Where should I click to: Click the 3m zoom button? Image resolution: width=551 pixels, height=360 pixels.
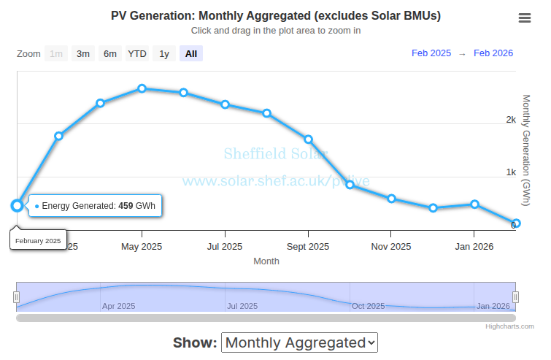(83, 53)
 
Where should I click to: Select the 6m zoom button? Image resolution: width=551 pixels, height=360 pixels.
(109, 53)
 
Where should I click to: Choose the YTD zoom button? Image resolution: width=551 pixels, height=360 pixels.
(136, 53)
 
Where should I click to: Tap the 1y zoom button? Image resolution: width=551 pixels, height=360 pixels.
(164, 53)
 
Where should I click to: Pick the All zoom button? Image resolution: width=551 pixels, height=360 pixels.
(191, 53)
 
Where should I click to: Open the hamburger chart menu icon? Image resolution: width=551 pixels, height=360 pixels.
(525, 18)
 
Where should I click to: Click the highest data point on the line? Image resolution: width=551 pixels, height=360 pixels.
(142, 88)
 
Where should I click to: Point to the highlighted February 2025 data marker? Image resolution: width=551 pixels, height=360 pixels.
(18, 205)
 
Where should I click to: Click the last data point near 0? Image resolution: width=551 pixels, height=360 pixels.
(516, 223)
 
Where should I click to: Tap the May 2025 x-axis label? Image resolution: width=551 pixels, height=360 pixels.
(142, 247)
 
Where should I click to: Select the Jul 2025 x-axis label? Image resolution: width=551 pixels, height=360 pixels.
(225, 247)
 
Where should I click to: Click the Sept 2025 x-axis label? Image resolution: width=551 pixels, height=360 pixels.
(308, 247)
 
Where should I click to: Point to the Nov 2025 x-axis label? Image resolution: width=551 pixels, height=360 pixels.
(391, 247)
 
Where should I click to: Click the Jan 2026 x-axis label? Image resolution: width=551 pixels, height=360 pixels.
(474, 247)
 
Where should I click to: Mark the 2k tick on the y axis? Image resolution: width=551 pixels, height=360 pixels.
(511, 120)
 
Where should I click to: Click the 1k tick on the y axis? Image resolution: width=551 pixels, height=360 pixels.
(511, 172)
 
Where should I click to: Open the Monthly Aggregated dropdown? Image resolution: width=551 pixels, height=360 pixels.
(299, 342)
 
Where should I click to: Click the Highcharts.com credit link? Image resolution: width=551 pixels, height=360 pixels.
(510, 326)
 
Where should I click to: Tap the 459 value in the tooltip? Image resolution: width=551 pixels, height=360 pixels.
(126, 206)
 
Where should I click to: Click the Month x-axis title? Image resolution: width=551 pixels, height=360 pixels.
(266, 261)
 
